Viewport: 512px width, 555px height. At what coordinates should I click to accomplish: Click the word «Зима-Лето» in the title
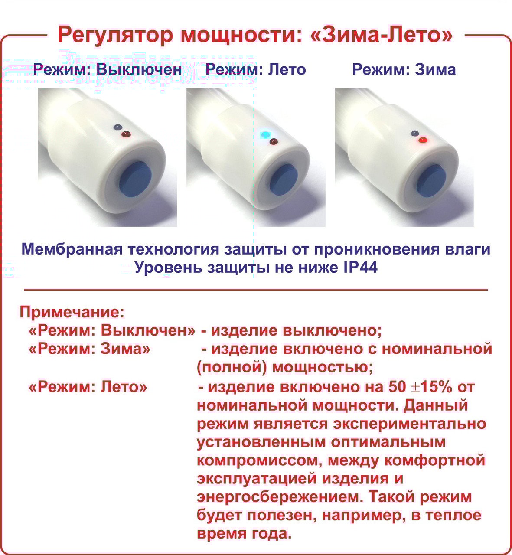pos(382,35)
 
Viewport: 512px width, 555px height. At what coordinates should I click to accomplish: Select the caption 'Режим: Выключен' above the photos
pos(108,69)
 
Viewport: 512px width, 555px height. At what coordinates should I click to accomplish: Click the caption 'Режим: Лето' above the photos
pos(256,69)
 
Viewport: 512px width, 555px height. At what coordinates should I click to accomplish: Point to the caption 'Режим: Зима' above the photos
pos(404,69)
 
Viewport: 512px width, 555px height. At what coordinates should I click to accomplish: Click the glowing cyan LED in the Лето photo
pos(263,134)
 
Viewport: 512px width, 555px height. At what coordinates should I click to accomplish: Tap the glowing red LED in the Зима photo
pos(422,140)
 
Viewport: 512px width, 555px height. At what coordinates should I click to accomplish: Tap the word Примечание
pos(72,312)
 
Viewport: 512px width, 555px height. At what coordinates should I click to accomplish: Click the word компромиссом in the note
pos(257,460)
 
